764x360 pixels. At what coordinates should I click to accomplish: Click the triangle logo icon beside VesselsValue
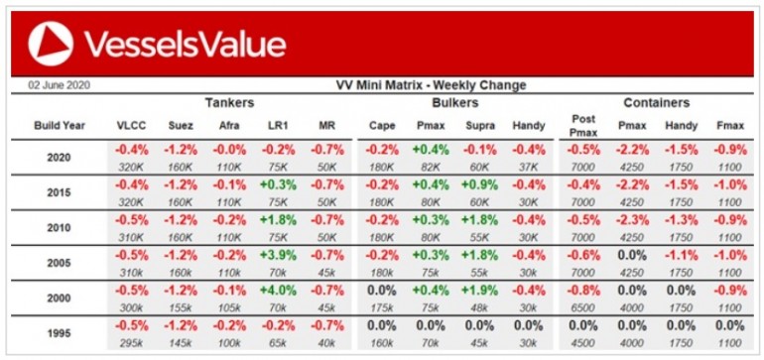click(51, 44)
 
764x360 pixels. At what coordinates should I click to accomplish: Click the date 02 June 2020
click(59, 85)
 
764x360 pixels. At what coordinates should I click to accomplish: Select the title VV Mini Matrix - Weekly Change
click(432, 85)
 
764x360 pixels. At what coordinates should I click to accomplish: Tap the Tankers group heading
click(229, 103)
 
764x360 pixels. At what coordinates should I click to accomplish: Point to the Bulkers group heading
click(455, 103)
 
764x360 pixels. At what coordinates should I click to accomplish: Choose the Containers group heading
click(656, 103)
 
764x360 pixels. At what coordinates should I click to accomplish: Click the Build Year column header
click(60, 126)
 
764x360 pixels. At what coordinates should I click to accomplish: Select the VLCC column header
click(131, 126)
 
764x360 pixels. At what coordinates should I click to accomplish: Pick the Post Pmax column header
click(582, 125)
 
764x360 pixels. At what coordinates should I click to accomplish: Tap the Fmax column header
click(730, 126)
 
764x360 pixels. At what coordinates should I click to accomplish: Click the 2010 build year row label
click(59, 227)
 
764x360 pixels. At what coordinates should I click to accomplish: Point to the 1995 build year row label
click(59, 333)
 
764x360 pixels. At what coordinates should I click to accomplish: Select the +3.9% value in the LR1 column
click(278, 255)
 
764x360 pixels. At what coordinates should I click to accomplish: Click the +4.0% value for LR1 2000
click(278, 291)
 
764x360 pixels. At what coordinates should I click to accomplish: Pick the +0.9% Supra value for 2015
click(479, 185)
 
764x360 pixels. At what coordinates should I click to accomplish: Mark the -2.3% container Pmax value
click(631, 220)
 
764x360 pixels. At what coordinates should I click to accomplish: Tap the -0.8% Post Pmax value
click(582, 291)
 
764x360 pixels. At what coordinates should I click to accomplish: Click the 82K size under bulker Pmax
click(431, 167)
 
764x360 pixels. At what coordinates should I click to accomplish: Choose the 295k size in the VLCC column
click(131, 343)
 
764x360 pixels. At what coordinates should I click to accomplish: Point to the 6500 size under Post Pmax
click(582, 307)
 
